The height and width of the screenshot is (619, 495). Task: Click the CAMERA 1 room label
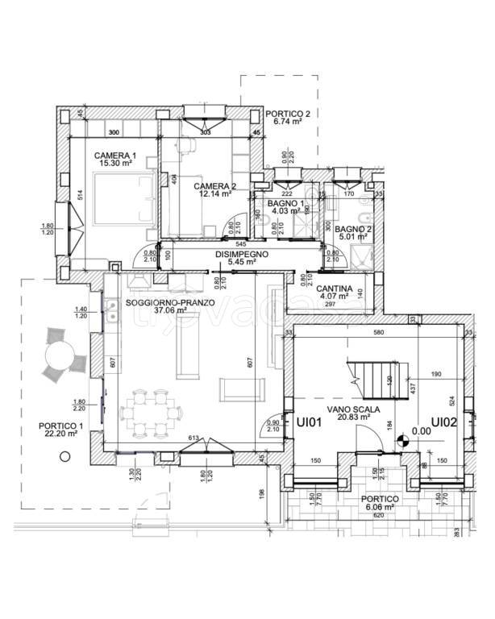[115, 155]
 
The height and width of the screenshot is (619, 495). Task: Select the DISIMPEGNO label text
[241, 254]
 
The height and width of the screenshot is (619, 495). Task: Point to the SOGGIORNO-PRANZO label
[170, 302]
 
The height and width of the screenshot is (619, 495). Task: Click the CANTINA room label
[333, 289]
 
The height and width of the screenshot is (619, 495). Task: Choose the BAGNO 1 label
[286, 203]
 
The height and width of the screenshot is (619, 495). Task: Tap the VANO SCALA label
[349, 409]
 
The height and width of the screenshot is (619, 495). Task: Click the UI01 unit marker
[310, 422]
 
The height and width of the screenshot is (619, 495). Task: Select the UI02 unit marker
[444, 422]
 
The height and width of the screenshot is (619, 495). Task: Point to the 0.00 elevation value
[421, 430]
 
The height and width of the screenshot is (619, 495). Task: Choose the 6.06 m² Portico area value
[380, 507]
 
